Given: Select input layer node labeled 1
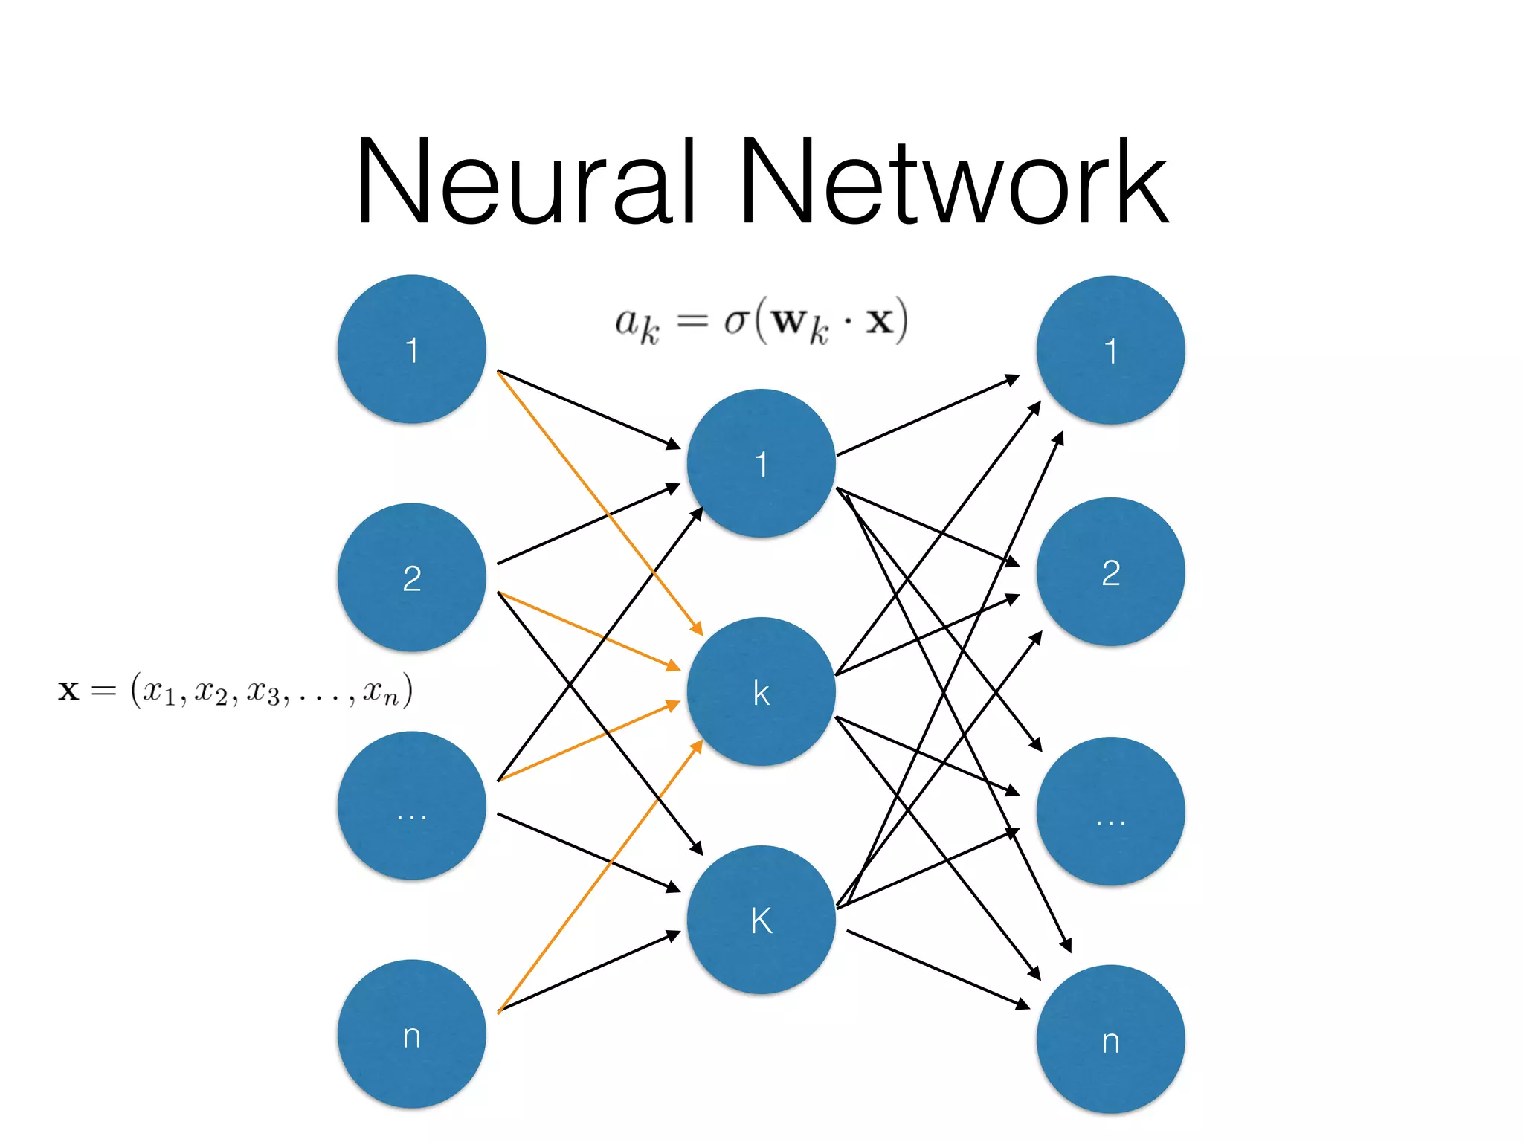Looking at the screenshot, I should tap(411, 349).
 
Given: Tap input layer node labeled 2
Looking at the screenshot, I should tap(411, 578).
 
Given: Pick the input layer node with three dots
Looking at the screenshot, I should tap(411, 806).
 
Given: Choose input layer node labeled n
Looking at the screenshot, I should tap(411, 1034).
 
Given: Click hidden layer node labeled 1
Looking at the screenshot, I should tap(761, 463).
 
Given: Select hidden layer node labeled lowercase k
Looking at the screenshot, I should tap(761, 691).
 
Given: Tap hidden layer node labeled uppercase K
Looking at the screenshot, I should tap(761, 920).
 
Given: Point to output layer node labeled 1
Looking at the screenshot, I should tap(1110, 350).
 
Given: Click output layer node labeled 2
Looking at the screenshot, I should tap(1110, 572).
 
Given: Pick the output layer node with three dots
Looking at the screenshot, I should tap(1110, 811).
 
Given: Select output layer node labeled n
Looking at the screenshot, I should tap(1110, 1039).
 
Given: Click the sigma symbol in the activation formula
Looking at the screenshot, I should tap(736, 322).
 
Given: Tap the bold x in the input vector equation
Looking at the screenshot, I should tap(68, 691).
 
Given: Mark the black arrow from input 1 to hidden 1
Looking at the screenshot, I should tap(587, 409).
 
